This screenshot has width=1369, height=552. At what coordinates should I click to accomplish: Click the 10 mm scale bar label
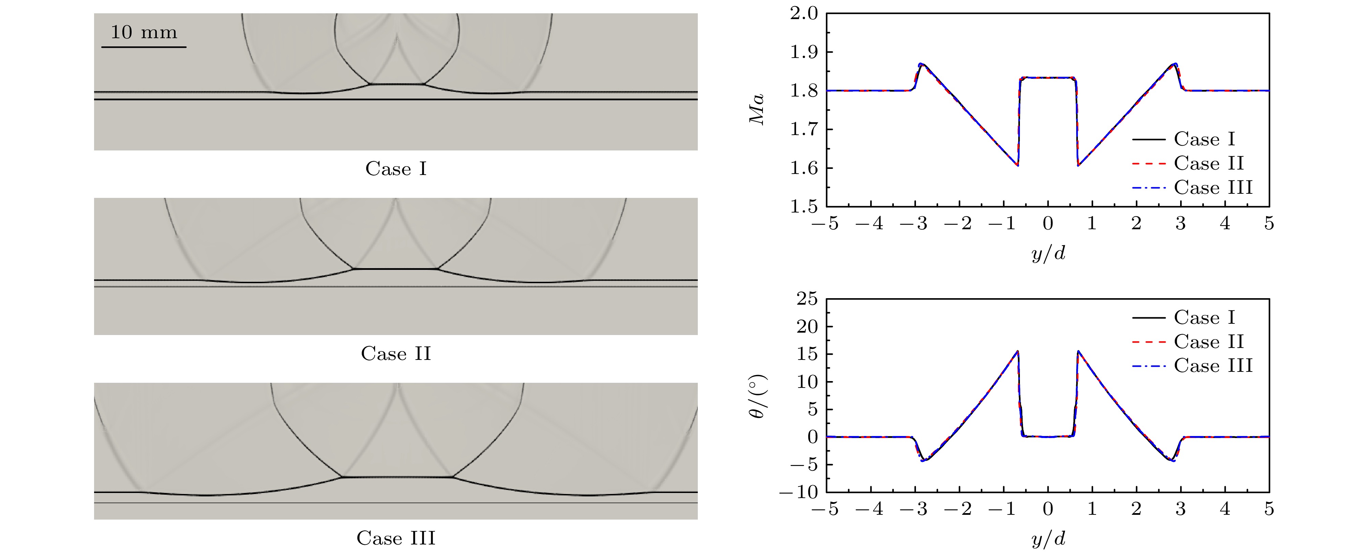click(144, 32)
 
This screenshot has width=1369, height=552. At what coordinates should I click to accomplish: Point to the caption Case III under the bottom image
click(396, 538)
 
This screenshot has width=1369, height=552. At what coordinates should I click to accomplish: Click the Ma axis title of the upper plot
click(757, 110)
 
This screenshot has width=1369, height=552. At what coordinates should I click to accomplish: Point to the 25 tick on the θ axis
click(807, 299)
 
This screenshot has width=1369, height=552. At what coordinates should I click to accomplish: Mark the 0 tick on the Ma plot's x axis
click(1048, 224)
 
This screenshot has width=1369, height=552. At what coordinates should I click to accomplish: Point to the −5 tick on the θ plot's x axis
click(825, 509)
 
